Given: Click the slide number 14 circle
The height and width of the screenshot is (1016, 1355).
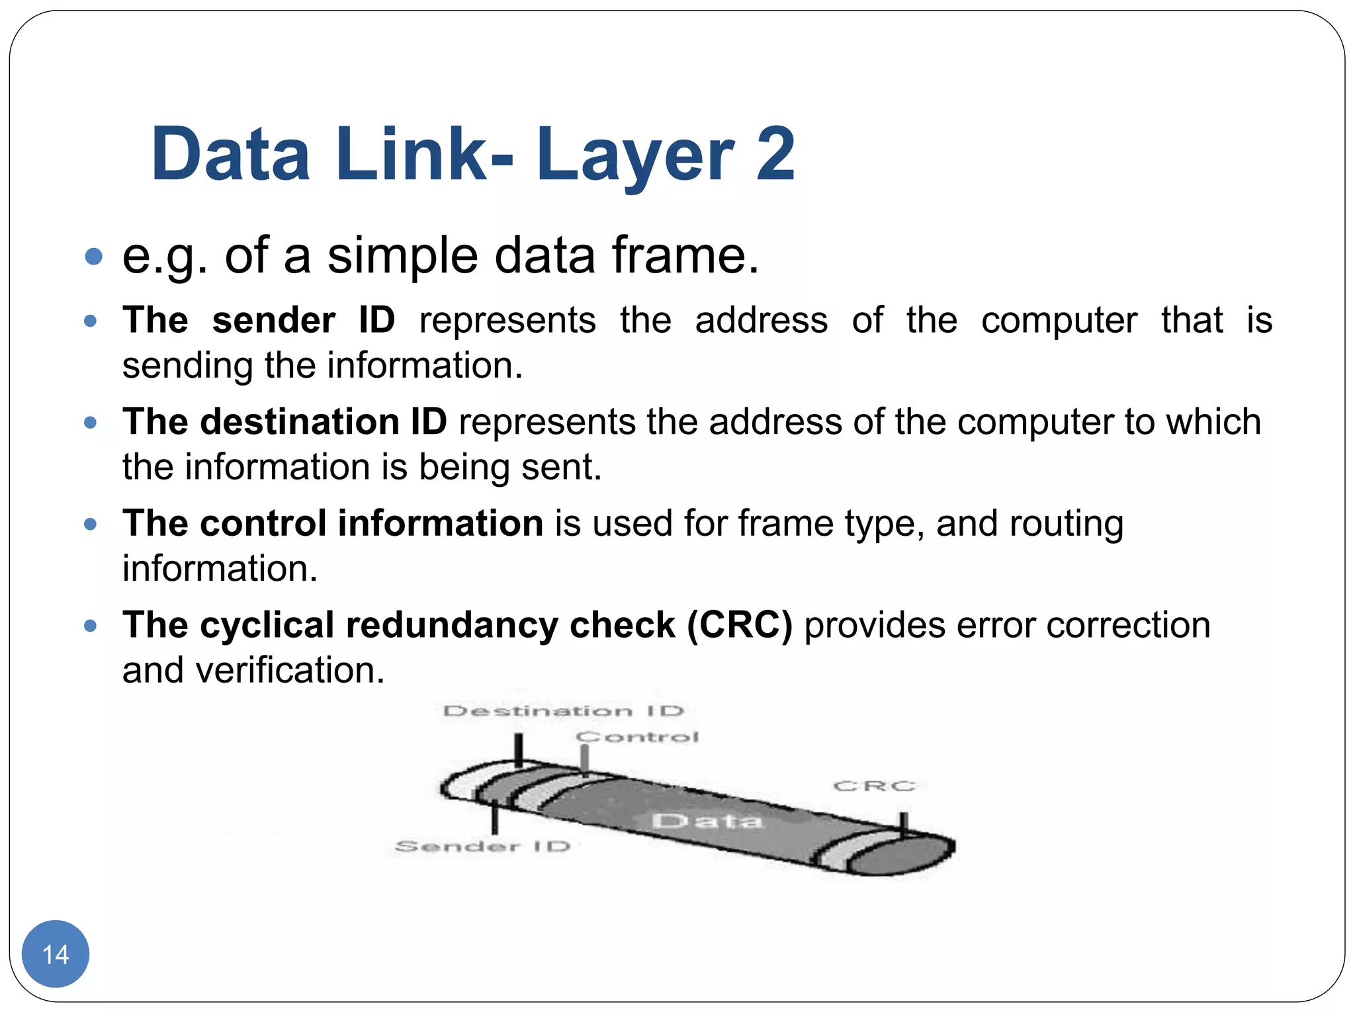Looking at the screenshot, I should [55, 954].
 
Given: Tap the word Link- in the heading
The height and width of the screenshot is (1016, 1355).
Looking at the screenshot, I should [424, 155].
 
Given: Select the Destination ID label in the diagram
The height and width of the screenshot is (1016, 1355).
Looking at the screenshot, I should [563, 711].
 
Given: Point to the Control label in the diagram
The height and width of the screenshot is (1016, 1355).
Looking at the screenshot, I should [637, 737].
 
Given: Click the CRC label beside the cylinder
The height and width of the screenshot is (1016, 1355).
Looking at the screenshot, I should [875, 786].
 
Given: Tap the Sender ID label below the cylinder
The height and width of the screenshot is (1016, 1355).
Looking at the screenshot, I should [482, 846].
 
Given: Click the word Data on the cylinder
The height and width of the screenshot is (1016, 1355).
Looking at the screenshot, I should [707, 821].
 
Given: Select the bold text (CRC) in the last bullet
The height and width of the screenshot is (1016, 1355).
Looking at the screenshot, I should [739, 625].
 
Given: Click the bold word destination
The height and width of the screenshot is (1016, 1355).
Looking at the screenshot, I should [300, 422].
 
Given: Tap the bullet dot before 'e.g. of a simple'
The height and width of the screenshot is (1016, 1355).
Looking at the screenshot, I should [94, 257].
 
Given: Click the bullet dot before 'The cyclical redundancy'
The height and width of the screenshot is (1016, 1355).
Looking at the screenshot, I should [91, 626].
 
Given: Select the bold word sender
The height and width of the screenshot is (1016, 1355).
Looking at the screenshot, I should [273, 321].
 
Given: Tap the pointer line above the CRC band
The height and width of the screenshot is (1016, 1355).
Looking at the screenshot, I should [903, 824].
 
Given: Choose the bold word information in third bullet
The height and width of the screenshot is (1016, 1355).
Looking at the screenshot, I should [441, 524].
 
